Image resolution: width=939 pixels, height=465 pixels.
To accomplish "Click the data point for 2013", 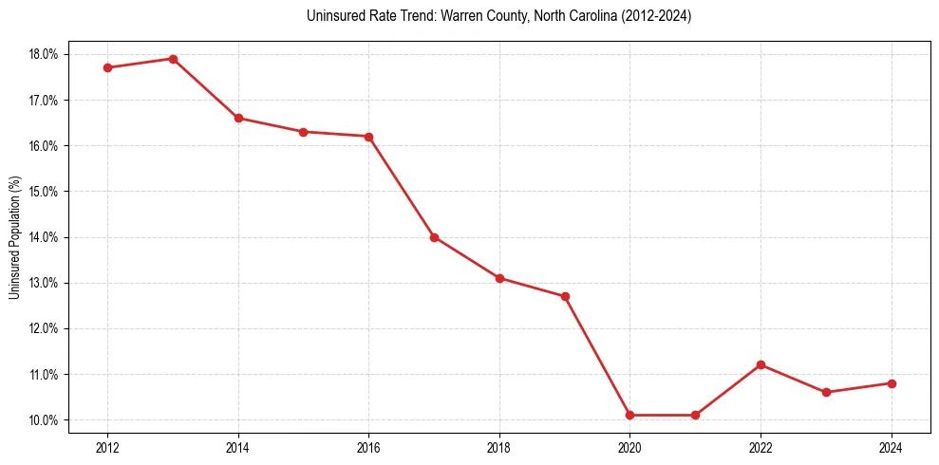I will pyautogui.click(x=173, y=59).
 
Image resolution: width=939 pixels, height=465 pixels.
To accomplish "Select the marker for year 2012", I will pyautogui.click(x=107, y=67).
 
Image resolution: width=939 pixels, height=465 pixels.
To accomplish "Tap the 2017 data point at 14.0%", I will pyautogui.click(x=434, y=237).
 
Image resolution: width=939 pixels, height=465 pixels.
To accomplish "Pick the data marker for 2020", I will pyautogui.click(x=629, y=415).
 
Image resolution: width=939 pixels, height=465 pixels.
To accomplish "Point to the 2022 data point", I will pyautogui.click(x=761, y=364).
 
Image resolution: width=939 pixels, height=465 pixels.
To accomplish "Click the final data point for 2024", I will pyautogui.click(x=892, y=383).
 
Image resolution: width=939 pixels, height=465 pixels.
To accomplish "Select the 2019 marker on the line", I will pyautogui.click(x=565, y=296).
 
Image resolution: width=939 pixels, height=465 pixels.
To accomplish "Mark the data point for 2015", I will pyautogui.click(x=303, y=132).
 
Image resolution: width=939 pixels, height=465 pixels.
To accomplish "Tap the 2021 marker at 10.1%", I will pyautogui.click(x=695, y=415).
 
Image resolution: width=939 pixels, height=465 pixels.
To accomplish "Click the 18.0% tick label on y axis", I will pyautogui.click(x=44, y=54).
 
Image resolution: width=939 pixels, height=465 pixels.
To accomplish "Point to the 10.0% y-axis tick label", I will pyautogui.click(x=44, y=420).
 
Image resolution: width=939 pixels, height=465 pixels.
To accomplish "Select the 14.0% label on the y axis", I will pyautogui.click(x=44, y=237).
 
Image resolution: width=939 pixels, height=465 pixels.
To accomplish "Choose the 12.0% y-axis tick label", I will pyautogui.click(x=44, y=328).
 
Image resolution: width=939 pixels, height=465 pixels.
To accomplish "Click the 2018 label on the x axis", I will pyautogui.click(x=499, y=447).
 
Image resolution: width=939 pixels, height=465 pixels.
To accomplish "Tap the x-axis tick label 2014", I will pyautogui.click(x=238, y=447).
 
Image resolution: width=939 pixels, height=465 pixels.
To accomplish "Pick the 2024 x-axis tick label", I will pyautogui.click(x=892, y=447).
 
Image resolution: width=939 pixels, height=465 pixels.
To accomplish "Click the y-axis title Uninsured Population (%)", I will pyautogui.click(x=14, y=237).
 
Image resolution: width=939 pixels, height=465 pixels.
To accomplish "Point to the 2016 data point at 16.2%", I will pyautogui.click(x=368, y=137).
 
